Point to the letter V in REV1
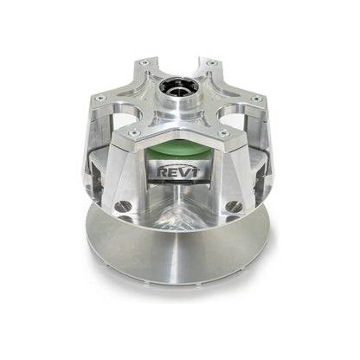tap(183, 172)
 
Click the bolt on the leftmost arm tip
tap(99, 98)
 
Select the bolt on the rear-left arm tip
tap(144, 63)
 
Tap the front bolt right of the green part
tap(223, 132)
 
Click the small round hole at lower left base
tap(124, 206)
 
